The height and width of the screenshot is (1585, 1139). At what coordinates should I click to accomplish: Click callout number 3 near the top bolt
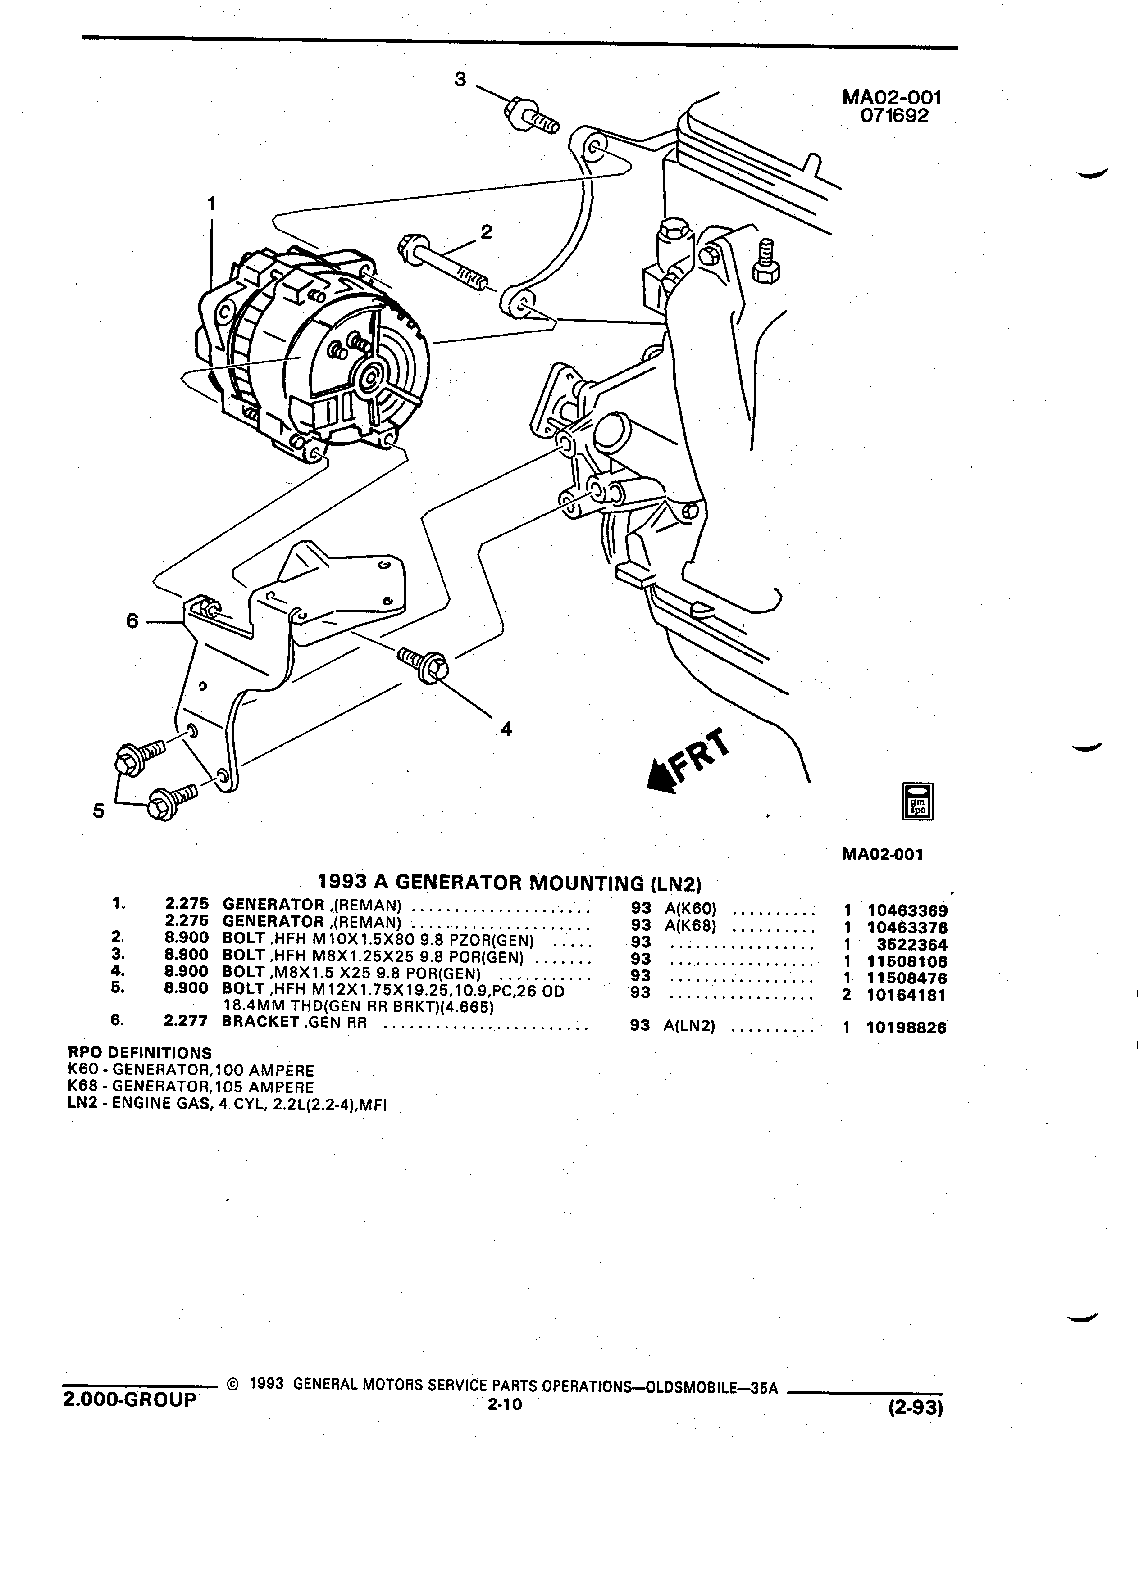click(x=460, y=80)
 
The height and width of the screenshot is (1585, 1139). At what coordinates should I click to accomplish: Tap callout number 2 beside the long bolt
click(x=486, y=231)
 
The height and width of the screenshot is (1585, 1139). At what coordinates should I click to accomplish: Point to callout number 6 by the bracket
click(x=132, y=620)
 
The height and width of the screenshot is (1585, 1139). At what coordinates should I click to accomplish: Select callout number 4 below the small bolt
click(x=506, y=729)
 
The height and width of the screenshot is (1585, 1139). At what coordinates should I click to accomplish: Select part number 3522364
click(x=912, y=945)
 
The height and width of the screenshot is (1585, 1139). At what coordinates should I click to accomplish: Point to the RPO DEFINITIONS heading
click(x=140, y=1053)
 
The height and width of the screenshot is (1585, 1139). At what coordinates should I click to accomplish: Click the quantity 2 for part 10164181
click(x=847, y=995)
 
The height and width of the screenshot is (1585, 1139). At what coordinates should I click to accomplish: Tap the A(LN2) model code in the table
click(x=689, y=1027)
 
